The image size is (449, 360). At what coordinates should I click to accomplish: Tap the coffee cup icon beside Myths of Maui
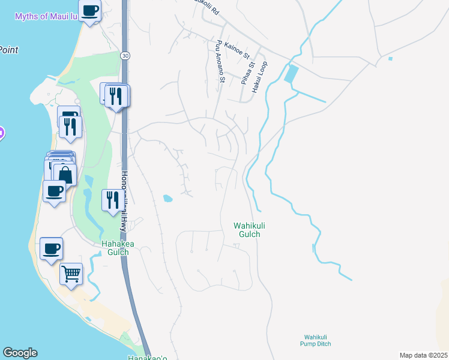tap(89, 11)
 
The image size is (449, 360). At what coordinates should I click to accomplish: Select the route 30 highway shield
tap(124, 56)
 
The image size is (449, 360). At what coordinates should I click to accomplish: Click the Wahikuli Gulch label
tap(247, 230)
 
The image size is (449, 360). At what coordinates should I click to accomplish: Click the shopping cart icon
tap(71, 274)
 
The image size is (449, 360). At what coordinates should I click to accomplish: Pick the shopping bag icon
tap(65, 175)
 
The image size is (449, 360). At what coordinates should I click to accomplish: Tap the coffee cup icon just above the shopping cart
tap(51, 248)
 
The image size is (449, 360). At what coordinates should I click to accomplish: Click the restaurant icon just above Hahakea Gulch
tap(112, 200)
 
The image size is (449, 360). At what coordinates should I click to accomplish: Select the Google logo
tap(20, 353)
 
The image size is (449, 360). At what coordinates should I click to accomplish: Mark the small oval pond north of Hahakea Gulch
tap(167, 198)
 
